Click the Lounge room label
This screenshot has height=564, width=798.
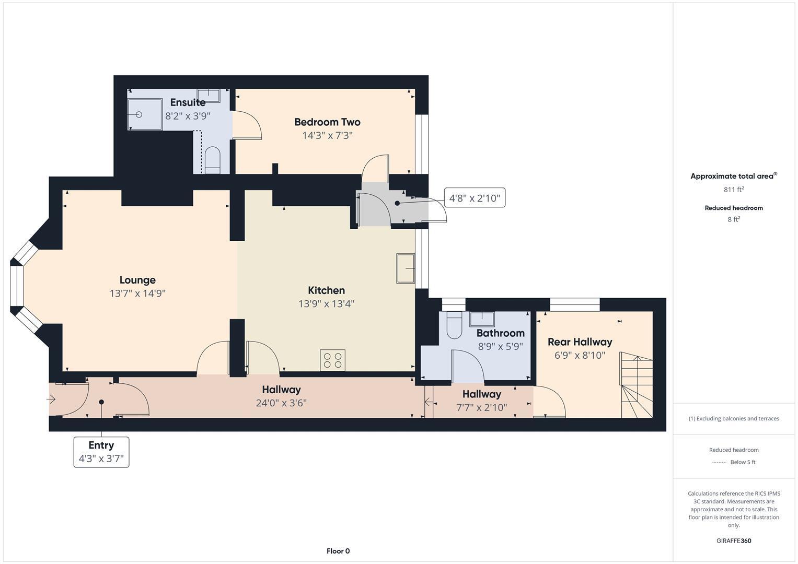tap(137, 280)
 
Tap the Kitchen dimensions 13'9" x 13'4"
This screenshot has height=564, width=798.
tap(326, 304)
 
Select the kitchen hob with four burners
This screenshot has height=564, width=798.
tap(332, 360)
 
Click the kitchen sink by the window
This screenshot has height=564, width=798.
tap(406, 268)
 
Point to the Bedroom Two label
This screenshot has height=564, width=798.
tap(327, 122)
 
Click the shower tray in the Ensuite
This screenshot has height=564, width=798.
tap(145, 114)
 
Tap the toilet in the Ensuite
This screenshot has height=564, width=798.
tap(213, 160)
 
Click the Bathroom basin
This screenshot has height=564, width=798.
tap(482, 319)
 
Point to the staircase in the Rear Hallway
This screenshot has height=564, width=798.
tap(637, 385)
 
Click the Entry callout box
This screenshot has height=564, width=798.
tap(101, 452)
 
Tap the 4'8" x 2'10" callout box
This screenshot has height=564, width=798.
tap(475, 198)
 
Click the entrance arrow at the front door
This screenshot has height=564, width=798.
tap(52, 399)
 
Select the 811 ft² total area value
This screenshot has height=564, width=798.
tap(734, 190)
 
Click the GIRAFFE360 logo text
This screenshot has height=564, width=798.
tap(734, 540)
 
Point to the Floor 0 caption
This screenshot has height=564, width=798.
tap(338, 551)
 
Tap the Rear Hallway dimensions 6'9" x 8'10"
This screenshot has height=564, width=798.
tap(580, 356)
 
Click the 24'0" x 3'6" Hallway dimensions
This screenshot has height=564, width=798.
tap(281, 403)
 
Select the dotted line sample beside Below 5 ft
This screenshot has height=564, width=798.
tap(719, 462)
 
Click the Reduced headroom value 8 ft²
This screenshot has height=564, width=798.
tap(734, 219)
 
